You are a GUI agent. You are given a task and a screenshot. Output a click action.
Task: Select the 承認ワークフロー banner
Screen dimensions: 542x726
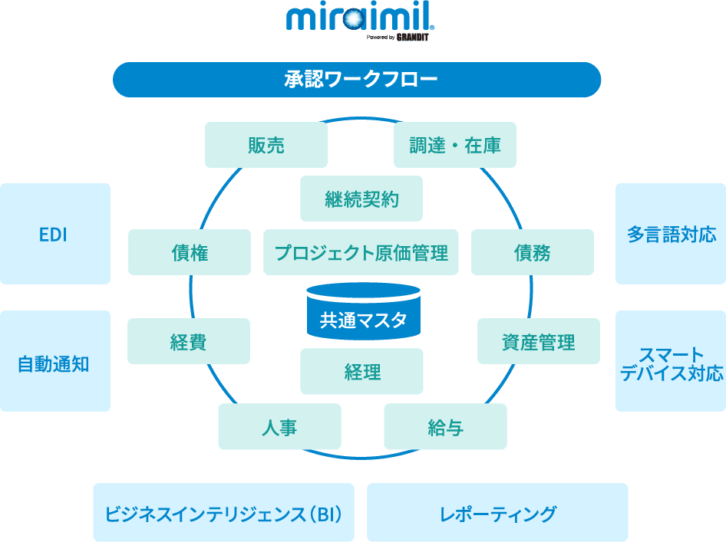click(357, 80)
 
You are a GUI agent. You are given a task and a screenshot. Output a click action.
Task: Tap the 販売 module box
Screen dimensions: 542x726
click(266, 145)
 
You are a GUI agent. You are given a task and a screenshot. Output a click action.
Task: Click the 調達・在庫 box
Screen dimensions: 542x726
click(454, 145)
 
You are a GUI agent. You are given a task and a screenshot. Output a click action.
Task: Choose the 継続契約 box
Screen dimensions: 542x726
click(361, 199)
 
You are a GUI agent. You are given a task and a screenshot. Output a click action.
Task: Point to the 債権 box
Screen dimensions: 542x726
click(189, 252)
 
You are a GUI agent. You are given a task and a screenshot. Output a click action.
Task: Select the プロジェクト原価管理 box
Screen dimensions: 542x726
click(361, 252)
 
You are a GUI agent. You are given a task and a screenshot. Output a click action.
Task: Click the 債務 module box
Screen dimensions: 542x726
click(532, 252)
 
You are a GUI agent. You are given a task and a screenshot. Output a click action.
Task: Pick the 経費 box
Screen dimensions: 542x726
click(188, 341)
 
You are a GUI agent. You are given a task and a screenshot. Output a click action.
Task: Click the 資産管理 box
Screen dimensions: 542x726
click(538, 341)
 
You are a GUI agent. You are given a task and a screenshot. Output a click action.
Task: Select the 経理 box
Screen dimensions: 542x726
click(361, 372)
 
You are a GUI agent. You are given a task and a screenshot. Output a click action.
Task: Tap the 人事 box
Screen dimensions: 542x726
click(279, 426)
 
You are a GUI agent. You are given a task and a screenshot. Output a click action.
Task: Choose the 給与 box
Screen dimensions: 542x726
click(445, 426)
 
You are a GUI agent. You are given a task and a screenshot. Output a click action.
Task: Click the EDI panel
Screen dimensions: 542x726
click(54, 234)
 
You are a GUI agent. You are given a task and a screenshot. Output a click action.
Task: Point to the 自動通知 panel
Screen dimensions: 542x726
click(54, 361)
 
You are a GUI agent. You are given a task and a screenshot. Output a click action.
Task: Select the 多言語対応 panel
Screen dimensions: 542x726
click(671, 234)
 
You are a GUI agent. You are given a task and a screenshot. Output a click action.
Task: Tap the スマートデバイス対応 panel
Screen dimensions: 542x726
click(671, 361)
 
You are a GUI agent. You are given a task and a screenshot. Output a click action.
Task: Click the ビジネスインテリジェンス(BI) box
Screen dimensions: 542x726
click(223, 512)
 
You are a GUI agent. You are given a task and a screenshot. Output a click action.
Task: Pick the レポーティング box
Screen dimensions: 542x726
click(497, 512)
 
